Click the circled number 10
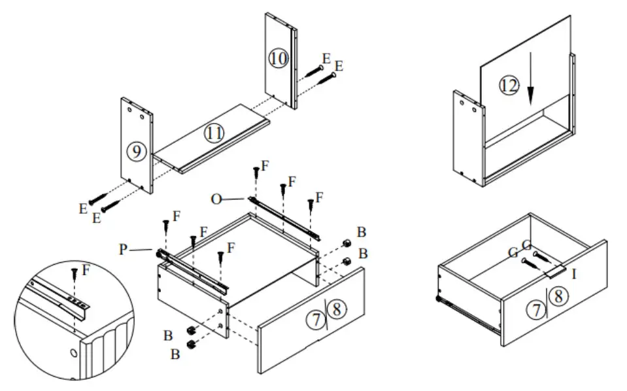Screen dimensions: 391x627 tap(278, 58)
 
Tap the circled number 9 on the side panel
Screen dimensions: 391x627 tap(136, 152)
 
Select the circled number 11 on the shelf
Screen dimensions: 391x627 tap(214, 133)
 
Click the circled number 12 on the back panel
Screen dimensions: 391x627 tap(510, 85)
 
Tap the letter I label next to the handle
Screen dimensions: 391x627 tap(574, 274)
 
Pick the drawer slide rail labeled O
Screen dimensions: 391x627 tap(284, 215)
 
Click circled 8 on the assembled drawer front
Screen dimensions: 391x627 tap(558, 296)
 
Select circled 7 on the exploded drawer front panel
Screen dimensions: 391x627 tap(316, 320)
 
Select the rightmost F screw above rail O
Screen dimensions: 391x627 tap(311, 206)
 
